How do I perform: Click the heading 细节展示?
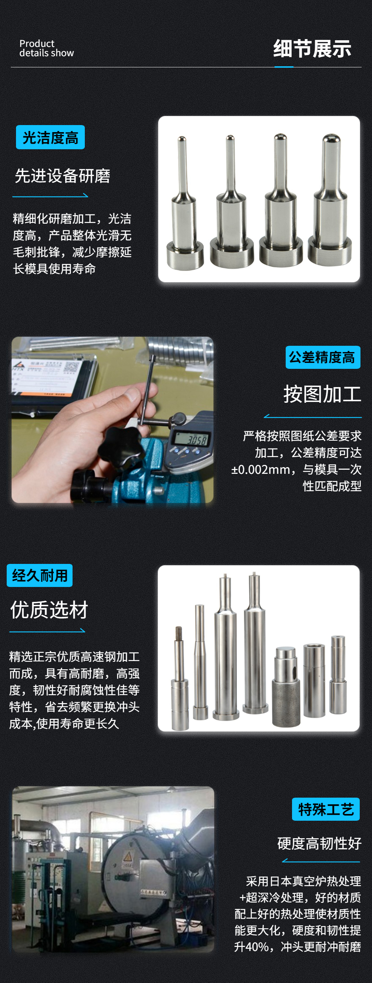click(x=312, y=49)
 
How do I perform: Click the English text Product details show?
click(x=46, y=48)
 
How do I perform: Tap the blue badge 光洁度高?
click(x=50, y=137)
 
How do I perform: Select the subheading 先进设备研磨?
click(x=62, y=176)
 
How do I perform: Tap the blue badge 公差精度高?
click(x=323, y=357)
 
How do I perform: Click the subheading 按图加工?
click(x=322, y=394)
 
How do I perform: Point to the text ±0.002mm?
click(x=261, y=469)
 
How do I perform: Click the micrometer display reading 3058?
click(x=196, y=440)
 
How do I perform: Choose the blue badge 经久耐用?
click(x=40, y=575)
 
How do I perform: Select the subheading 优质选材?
click(x=49, y=610)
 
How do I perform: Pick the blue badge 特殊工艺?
click(x=325, y=809)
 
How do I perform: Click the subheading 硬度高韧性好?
click(x=319, y=843)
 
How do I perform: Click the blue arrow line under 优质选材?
click(x=47, y=631)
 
